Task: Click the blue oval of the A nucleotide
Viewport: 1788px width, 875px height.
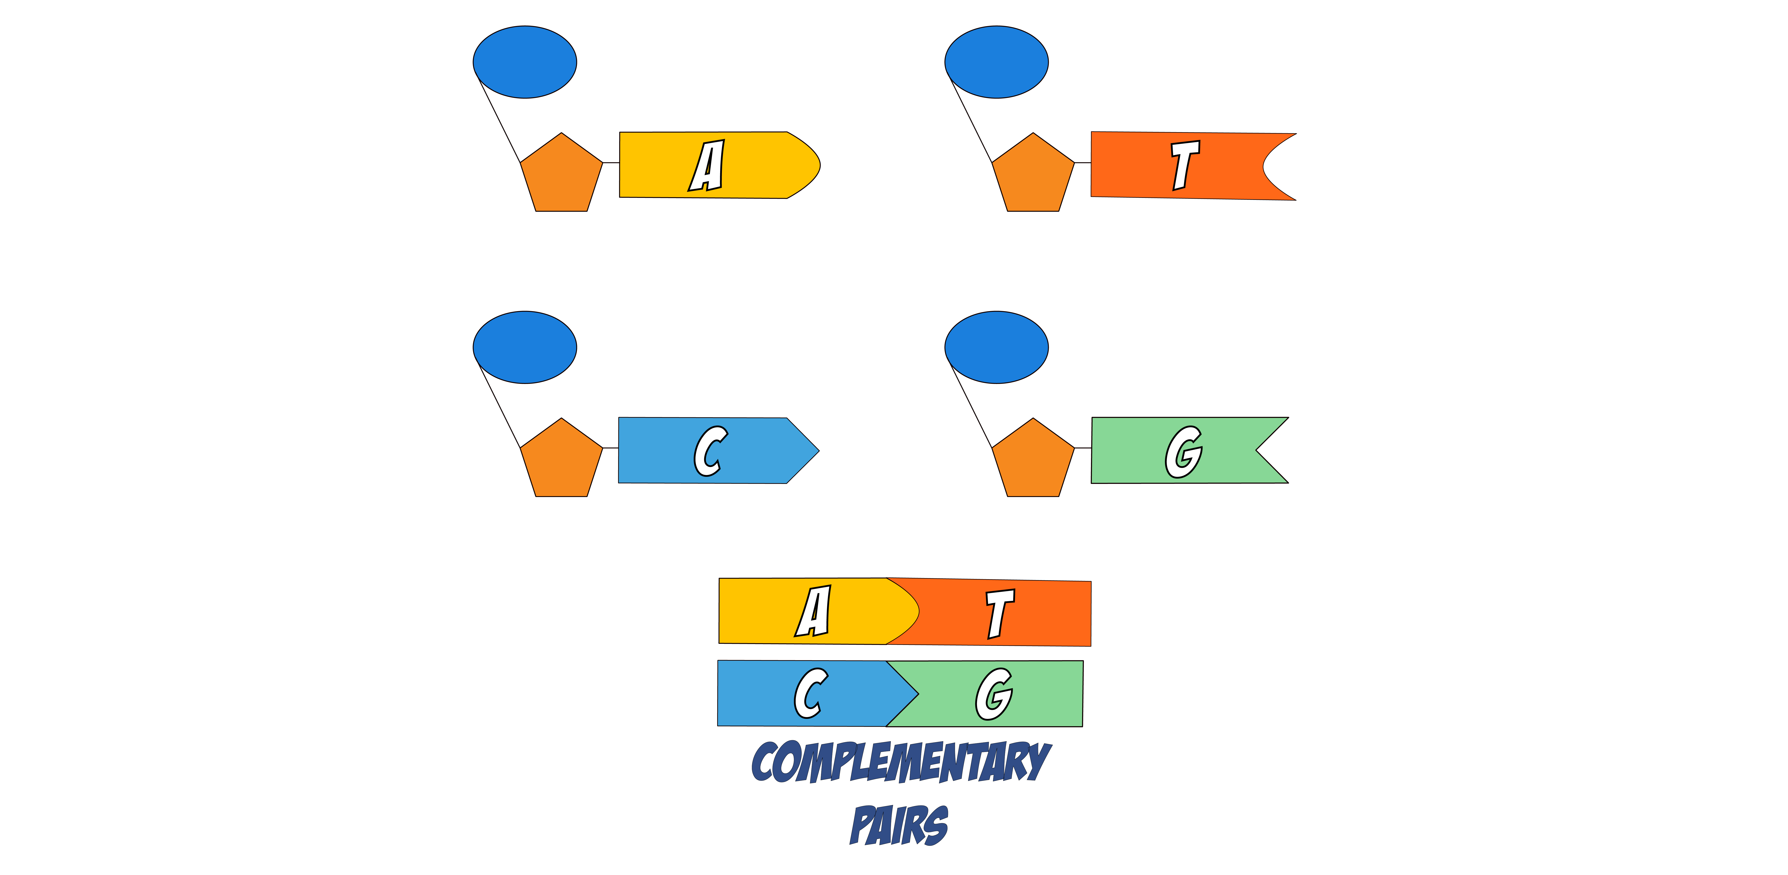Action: pyautogui.click(x=525, y=62)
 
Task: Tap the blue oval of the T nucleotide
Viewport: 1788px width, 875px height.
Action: pyautogui.click(x=997, y=62)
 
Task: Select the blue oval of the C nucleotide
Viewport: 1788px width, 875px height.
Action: pyautogui.click(x=525, y=347)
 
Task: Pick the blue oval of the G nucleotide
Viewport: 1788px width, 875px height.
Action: pyautogui.click(x=997, y=347)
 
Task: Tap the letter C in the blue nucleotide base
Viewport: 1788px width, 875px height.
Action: pyautogui.click(x=710, y=451)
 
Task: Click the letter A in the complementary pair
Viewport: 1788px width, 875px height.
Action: pyautogui.click(x=813, y=611)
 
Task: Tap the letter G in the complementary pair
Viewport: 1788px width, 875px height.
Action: pyautogui.click(x=994, y=694)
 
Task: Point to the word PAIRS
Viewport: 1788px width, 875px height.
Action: pyautogui.click(x=899, y=824)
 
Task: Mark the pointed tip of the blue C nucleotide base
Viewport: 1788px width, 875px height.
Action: pyautogui.click(x=819, y=450)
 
